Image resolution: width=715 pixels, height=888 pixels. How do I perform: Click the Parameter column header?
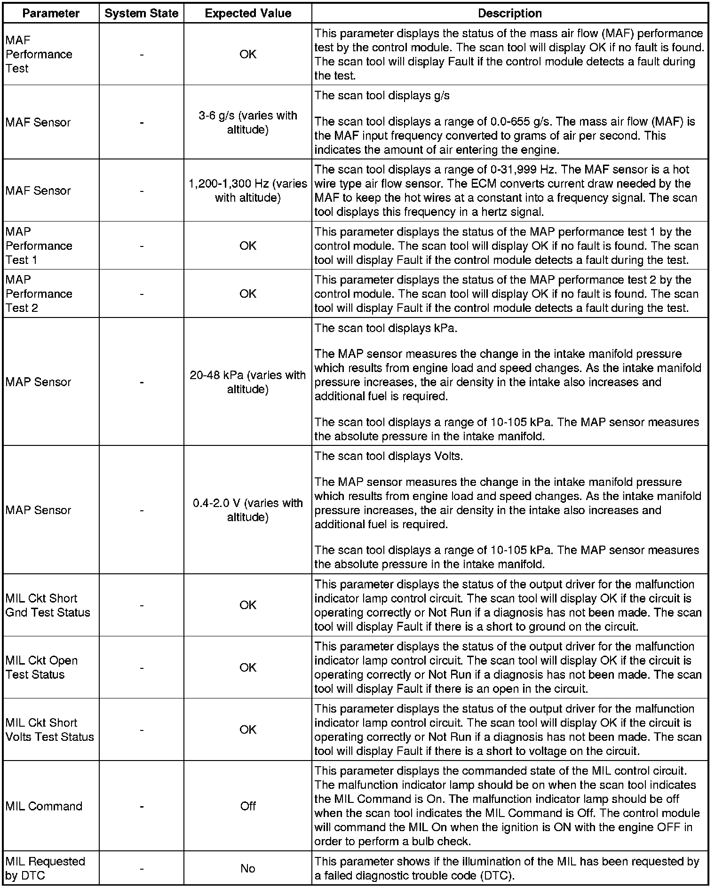click(x=51, y=14)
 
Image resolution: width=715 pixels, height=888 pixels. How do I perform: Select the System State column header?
click(x=142, y=14)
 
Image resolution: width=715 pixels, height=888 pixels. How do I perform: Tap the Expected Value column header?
click(x=248, y=14)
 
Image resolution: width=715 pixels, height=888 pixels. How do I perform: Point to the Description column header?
click(x=509, y=14)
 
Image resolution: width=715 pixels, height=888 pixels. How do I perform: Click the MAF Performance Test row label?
click(x=39, y=55)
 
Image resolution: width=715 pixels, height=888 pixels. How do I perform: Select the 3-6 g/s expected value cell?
click(x=248, y=122)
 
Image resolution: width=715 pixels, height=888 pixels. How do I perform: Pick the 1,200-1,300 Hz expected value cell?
click(x=248, y=190)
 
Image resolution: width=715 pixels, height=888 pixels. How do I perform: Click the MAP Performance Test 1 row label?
click(x=39, y=246)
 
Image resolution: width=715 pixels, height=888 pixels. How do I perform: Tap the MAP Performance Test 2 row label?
click(x=39, y=293)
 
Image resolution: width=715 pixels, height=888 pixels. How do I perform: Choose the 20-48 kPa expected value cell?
click(x=248, y=382)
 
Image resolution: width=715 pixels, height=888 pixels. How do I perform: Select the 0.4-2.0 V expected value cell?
click(x=248, y=510)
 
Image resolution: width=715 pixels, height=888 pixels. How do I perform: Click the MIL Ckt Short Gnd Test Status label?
click(x=48, y=605)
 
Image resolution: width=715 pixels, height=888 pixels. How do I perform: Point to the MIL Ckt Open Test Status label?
click(x=41, y=667)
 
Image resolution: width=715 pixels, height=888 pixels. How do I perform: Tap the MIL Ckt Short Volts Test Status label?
click(x=50, y=729)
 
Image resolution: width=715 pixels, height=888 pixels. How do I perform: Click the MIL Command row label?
click(x=44, y=806)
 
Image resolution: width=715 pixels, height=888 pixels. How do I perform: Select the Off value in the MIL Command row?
click(x=248, y=806)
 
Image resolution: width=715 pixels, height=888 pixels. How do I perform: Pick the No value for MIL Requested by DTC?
click(x=248, y=868)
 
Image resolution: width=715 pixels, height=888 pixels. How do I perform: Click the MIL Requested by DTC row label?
click(x=45, y=868)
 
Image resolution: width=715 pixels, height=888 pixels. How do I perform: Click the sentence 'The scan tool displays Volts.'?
click(x=389, y=456)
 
